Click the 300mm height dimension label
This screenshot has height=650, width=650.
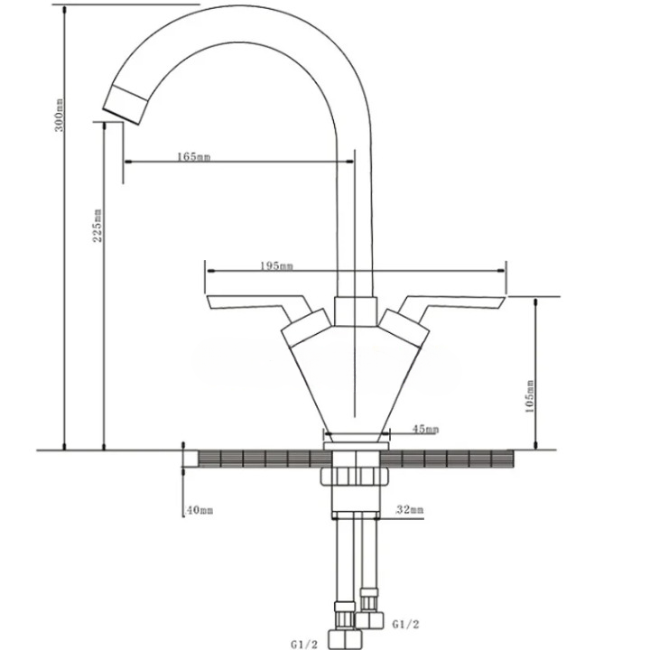(x=60, y=115)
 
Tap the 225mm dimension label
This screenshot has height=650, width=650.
(x=97, y=225)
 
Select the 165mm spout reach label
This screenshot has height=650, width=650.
(x=193, y=157)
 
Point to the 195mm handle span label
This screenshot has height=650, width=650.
(x=276, y=265)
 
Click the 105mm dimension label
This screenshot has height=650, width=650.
(x=530, y=396)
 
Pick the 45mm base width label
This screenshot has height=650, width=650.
(x=425, y=429)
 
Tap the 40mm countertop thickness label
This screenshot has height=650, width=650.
(x=199, y=510)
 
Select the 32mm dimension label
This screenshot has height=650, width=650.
(x=410, y=509)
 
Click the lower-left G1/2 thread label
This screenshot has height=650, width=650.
(x=304, y=645)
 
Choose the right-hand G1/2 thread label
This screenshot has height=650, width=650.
(x=406, y=624)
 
